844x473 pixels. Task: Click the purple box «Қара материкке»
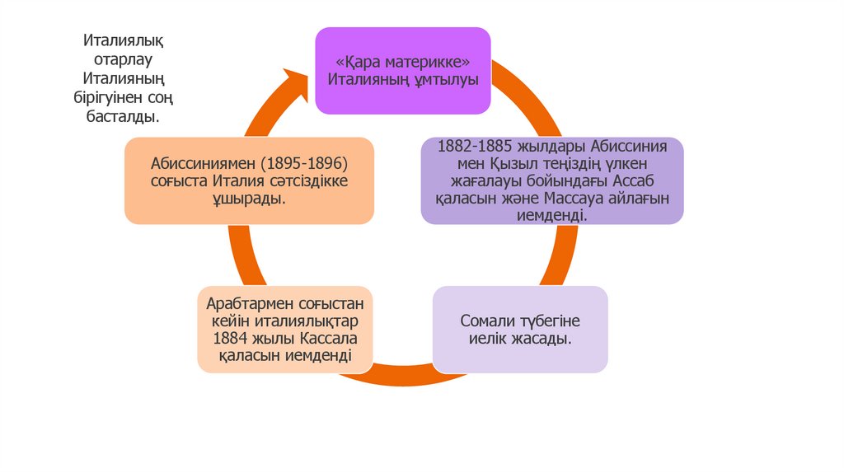403,70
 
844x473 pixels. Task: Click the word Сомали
488,320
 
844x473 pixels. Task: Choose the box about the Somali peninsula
520,329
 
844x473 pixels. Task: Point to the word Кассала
323,338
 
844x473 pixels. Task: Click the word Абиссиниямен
202,162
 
